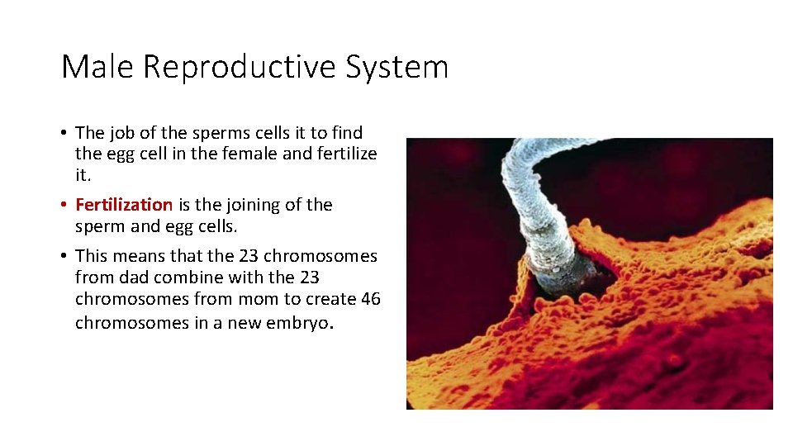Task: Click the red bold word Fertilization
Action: (x=124, y=205)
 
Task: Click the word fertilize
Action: (x=346, y=154)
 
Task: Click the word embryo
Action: (x=302, y=323)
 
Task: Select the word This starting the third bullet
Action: (x=91, y=256)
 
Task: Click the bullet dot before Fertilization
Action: (x=64, y=205)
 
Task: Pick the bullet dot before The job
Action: (x=64, y=133)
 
